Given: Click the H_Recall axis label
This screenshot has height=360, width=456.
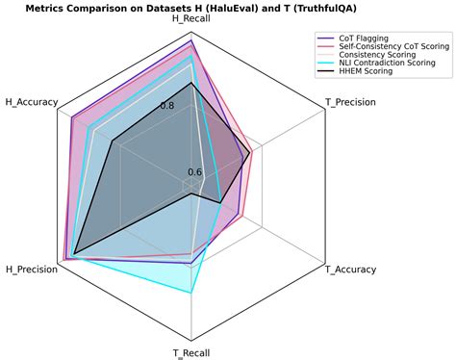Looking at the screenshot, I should coord(191,19).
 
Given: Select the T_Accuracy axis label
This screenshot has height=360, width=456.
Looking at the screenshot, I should coord(350,269).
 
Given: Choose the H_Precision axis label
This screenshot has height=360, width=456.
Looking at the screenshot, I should coord(31,269).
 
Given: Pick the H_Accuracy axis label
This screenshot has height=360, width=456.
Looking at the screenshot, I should coord(32,101).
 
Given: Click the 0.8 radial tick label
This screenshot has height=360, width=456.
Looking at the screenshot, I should coord(194,105).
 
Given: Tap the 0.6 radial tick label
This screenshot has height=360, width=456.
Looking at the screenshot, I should coord(194,173).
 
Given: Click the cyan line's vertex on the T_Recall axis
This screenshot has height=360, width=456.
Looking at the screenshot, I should coord(191,292).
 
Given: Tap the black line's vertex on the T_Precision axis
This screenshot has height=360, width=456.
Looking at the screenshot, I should coord(250,152).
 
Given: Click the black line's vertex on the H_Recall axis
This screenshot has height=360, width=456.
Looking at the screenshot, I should coord(191,83).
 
